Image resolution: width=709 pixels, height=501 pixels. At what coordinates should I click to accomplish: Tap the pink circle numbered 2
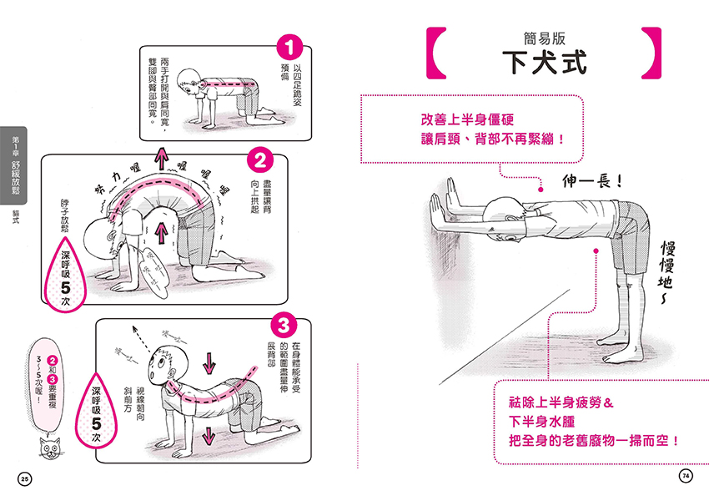click(260, 159)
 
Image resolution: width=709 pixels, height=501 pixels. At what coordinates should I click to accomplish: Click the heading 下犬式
click(546, 63)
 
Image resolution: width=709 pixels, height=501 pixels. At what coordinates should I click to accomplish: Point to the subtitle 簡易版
click(546, 37)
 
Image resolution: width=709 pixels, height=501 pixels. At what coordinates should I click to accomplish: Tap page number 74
click(685, 476)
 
